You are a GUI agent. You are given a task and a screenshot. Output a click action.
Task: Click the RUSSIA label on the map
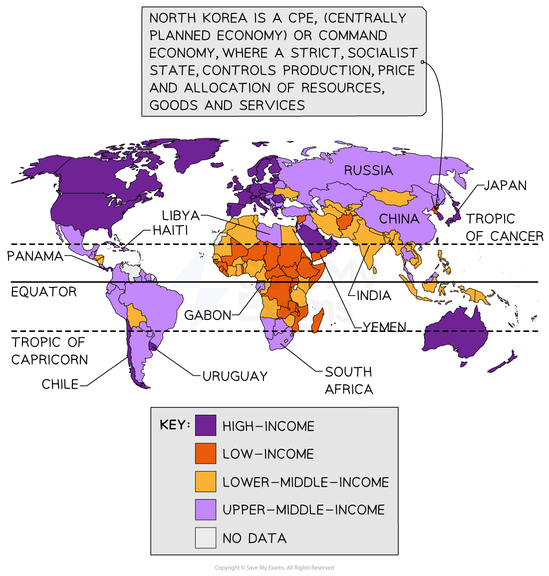tap(368, 171)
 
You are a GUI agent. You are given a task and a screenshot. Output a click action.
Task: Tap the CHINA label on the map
tap(399, 219)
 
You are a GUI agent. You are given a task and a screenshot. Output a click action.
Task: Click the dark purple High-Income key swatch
tap(206, 425)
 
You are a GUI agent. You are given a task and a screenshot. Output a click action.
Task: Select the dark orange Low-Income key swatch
tap(206, 453)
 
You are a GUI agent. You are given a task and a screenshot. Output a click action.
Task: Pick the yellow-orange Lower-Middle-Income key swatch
tap(206, 482)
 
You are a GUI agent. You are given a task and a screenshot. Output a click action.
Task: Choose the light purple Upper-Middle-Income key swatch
tap(206, 510)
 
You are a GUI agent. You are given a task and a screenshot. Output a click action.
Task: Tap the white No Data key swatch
tap(206, 538)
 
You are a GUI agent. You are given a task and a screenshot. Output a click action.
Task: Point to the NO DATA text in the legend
tap(255, 538)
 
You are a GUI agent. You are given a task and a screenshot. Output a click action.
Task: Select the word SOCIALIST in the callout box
tap(383, 53)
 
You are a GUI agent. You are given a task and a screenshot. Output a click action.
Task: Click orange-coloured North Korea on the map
tap(436, 210)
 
